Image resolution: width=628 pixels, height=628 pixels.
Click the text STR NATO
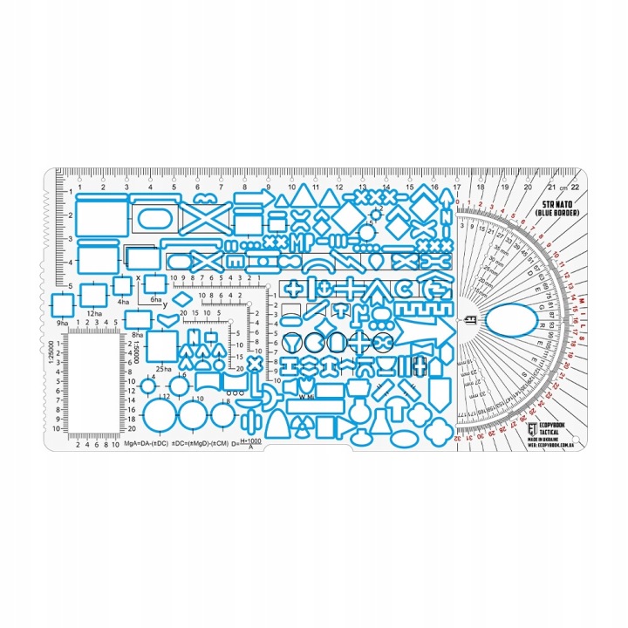click(x=555, y=201)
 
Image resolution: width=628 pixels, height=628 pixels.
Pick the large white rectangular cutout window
click(x=95, y=383)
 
